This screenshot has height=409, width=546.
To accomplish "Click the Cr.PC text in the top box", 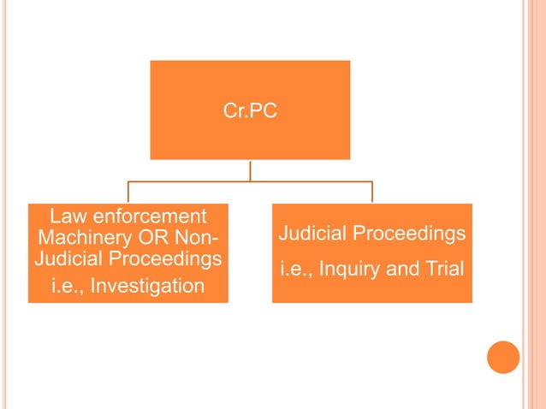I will (x=250, y=111).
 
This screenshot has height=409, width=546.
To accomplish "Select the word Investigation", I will (x=147, y=285).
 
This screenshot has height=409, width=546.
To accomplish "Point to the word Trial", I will (x=443, y=269).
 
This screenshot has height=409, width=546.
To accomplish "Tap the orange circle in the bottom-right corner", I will (x=503, y=357).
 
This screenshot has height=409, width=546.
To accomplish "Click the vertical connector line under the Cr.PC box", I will (x=250, y=170).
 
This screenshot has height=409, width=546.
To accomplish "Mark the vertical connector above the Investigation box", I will (x=128, y=193).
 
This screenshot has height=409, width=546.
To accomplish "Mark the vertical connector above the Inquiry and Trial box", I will (x=372, y=193).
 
